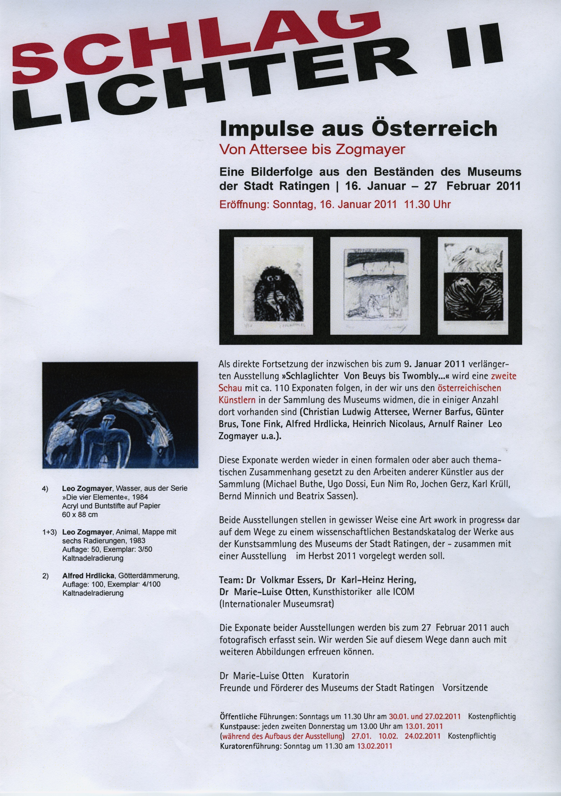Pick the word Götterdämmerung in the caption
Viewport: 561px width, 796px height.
pyautogui.click(x=149, y=576)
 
